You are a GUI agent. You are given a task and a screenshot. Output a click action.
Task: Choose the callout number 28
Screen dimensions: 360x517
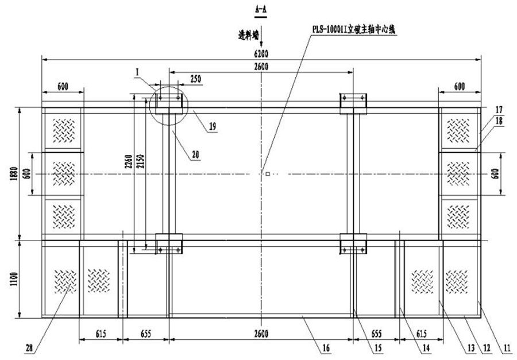click(x=29, y=346)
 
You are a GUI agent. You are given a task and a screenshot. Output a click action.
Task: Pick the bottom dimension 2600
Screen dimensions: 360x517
click(x=261, y=334)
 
